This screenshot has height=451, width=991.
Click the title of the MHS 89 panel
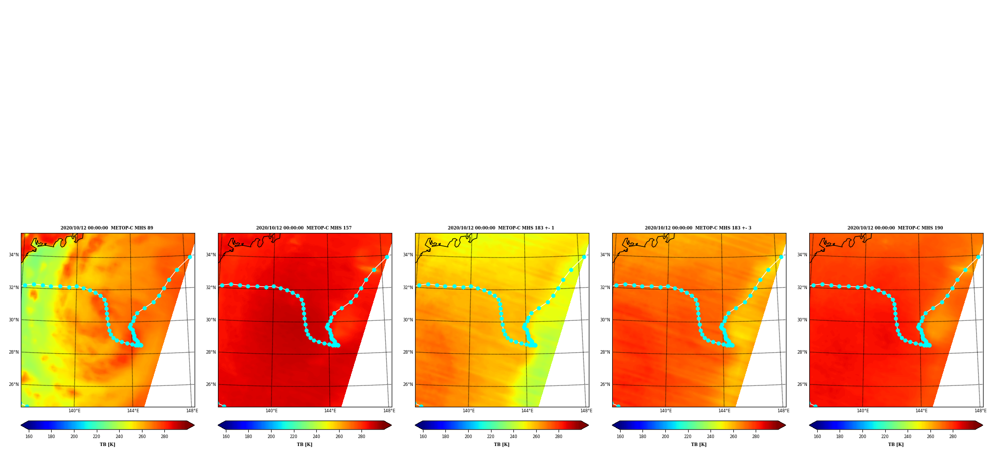coord(107,228)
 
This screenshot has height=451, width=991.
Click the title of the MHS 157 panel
coord(304,228)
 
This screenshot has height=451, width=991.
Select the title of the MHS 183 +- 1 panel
coord(501,228)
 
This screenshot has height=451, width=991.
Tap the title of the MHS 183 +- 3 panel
coord(698,228)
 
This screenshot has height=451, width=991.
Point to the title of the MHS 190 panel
coord(895,228)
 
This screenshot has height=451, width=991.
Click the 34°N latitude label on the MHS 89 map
coord(13,255)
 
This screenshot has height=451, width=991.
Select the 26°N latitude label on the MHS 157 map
coord(211,384)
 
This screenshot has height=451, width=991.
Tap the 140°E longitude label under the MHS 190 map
coord(863,411)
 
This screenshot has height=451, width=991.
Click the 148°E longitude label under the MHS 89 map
coord(192,411)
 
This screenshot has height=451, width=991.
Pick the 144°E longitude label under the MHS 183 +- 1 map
coord(527,411)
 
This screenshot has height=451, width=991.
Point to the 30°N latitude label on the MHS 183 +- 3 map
coord(605,320)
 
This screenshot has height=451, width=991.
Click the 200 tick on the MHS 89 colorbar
coord(74,437)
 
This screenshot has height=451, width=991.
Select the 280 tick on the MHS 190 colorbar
coord(953,437)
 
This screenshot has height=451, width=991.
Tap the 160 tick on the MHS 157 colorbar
coord(226,437)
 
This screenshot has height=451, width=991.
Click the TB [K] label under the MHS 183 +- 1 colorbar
coord(501,445)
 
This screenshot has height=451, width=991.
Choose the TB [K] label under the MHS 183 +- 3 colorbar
coord(699,445)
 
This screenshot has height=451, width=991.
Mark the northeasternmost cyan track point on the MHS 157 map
coord(387,257)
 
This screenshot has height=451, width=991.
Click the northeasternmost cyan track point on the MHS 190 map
coord(978,257)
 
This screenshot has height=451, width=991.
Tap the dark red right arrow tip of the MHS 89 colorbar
coord(194,425)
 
